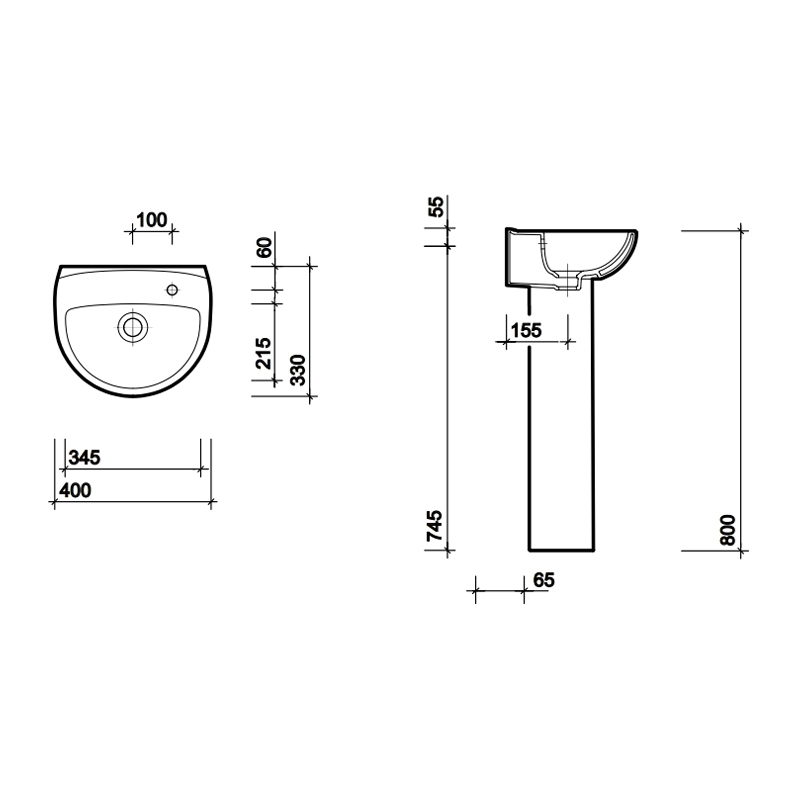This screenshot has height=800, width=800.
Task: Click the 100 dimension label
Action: coord(150,221)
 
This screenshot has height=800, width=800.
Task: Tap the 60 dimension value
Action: coord(264,248)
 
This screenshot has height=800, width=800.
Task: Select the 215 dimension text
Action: coord(264,354)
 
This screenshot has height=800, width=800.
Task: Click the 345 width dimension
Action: coord(83,458)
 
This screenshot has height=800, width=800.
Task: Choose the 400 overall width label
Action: coord(75,490)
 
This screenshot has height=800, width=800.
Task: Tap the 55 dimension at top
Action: coord(435,208)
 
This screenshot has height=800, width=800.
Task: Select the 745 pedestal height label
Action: coord(435,526)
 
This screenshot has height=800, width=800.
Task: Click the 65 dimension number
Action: coord(544,579)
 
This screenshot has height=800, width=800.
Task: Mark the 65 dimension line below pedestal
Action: coord(499,591)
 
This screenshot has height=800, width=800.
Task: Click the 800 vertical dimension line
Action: coord(742,390)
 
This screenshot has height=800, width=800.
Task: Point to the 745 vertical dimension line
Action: coord(448,400)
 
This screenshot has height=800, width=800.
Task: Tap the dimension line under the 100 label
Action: coord(152,233)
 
